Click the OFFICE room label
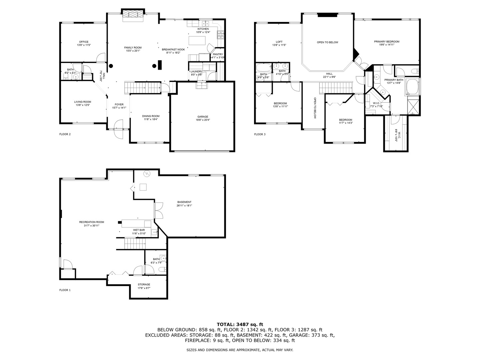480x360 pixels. (x=84, y=42)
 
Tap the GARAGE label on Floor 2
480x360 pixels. (x=202, y=117)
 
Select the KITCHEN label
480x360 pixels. (x=203, y=29)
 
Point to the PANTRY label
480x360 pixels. (x=218, y=54)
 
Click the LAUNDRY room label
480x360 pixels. (x=196, y=71)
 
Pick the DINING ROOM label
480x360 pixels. (x=151, y=116)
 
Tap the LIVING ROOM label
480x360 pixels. (x=83, y=102)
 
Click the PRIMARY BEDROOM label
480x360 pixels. (x=386, y=42)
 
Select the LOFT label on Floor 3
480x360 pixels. (x=279, y=42)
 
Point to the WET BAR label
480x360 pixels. (x=139, y=230)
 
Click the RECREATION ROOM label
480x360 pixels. (x=92, y=222)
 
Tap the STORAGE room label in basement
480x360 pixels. (x=144, y=284)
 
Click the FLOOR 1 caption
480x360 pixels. (x=65, y=290)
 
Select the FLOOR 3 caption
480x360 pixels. (x=260, y=134)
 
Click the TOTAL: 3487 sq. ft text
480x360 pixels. (x=240, y=324)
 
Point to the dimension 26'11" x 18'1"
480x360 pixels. (x=184, y=206)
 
